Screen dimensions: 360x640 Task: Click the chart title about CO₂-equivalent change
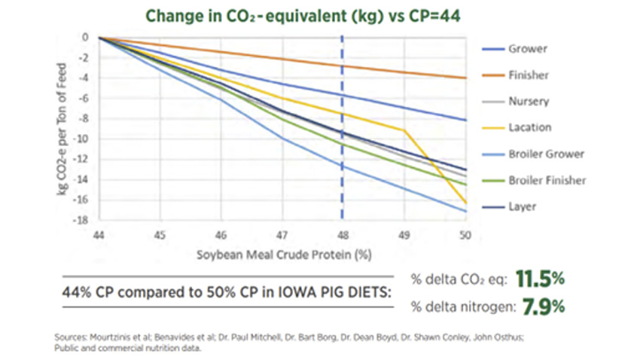[320, 16]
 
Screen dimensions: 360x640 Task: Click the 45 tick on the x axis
[160, 235]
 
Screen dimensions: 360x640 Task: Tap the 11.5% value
[538, 279]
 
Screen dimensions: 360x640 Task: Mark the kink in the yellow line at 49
[405, 130]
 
